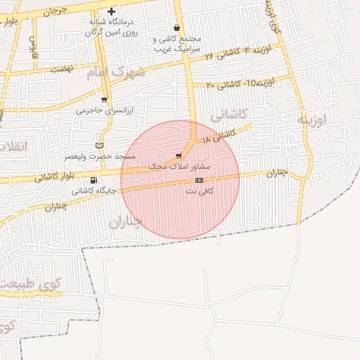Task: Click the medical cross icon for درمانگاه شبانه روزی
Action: [111, 12]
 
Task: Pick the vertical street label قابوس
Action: [32, 47]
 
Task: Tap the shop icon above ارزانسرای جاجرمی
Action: [105, 100]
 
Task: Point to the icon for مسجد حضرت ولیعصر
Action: [98, 145]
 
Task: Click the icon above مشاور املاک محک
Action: [179, 155]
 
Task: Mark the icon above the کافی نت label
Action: [200, 181]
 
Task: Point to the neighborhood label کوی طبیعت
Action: [31, 285]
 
